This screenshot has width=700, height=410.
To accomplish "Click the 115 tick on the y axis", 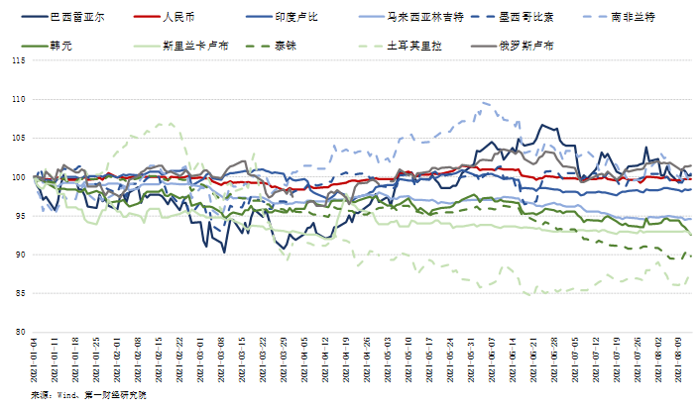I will [x=18, y=60].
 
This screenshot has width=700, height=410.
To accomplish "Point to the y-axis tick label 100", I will [x=18, y=177].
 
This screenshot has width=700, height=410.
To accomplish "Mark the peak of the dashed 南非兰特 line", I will [x=484, y=102].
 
